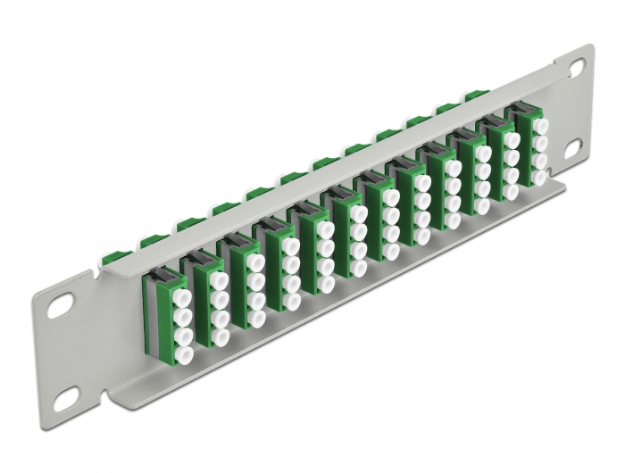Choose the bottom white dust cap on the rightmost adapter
538,178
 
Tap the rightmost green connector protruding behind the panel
473,94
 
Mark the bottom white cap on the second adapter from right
511,191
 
